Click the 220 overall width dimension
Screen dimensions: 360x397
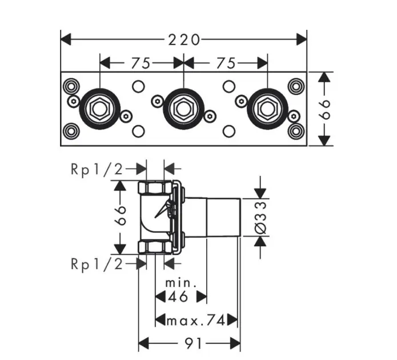tap(183, 39)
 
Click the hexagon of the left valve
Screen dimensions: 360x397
tap(99, 107)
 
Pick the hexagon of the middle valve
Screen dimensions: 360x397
tap(183, 107)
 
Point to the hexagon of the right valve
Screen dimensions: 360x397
tap(267, 107)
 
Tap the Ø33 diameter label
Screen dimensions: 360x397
tap(260, 217)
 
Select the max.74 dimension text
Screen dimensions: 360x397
tap(195, 320)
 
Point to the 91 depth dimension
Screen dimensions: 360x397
tap(190, 343)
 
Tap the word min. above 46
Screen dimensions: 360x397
tap(181, 283)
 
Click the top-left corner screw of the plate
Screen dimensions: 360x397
tap(70, 86)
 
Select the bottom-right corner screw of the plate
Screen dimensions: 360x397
tap(296, 130)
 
